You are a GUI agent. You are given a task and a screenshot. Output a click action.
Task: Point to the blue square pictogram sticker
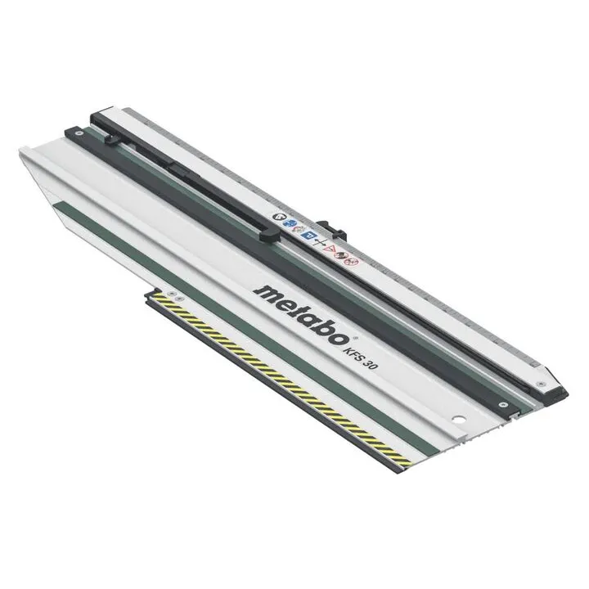[x=310, y=236]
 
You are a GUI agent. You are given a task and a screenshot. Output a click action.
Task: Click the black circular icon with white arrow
[x=279, y=217]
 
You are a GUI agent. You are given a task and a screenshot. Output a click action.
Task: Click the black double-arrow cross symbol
[x=320, y=242]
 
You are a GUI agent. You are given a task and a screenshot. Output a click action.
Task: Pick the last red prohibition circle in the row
[x=353, y=260]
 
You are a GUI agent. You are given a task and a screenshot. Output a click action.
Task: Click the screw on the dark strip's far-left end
[x=78, y=133]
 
